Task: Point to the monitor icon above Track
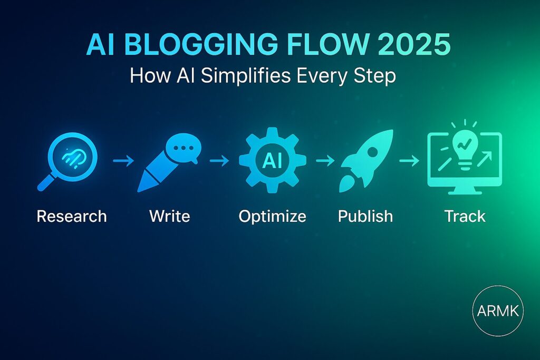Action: [464, 159]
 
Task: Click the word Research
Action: [71, 216]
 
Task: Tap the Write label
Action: [169, 216]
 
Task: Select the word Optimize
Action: [272, 216]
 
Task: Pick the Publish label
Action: [365, 216]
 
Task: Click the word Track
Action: [464, 216]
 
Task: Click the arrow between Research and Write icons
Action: [123, 160]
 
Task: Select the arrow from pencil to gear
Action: [219, 160]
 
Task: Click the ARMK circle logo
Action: [498, 311]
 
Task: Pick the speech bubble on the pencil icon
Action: [182, 147]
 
